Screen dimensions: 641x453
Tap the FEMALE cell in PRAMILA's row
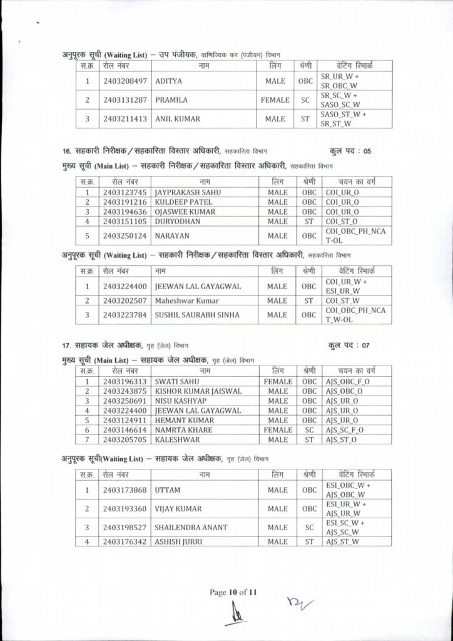[275, 100]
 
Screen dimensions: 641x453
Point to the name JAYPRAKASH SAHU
[188, 192]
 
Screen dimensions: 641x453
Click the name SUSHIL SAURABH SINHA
[197, 315]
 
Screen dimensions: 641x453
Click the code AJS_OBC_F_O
[348, 381]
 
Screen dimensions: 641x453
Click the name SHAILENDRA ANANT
[191, 527]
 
